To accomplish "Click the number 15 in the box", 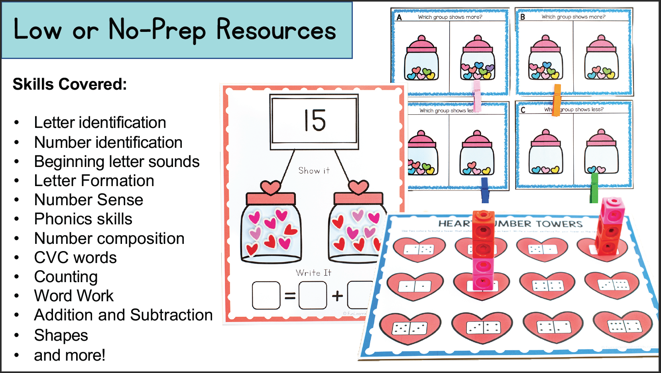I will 315,120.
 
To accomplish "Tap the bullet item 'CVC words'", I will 75,258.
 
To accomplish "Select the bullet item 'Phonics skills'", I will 83,219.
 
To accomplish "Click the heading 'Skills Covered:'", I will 70,84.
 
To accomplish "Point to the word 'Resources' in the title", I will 276,30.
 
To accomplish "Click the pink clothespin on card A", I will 477,96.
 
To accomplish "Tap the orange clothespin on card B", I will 557,100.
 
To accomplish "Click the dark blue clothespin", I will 485,190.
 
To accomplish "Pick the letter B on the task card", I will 523,17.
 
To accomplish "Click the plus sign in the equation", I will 337,296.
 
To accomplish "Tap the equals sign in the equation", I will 290,296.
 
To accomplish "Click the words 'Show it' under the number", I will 314,171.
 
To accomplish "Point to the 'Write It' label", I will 313,273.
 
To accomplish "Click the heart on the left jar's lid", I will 270,187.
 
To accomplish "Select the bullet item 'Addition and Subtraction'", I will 123,315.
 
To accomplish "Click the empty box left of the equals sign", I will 266,296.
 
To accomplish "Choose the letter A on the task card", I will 399,18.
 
